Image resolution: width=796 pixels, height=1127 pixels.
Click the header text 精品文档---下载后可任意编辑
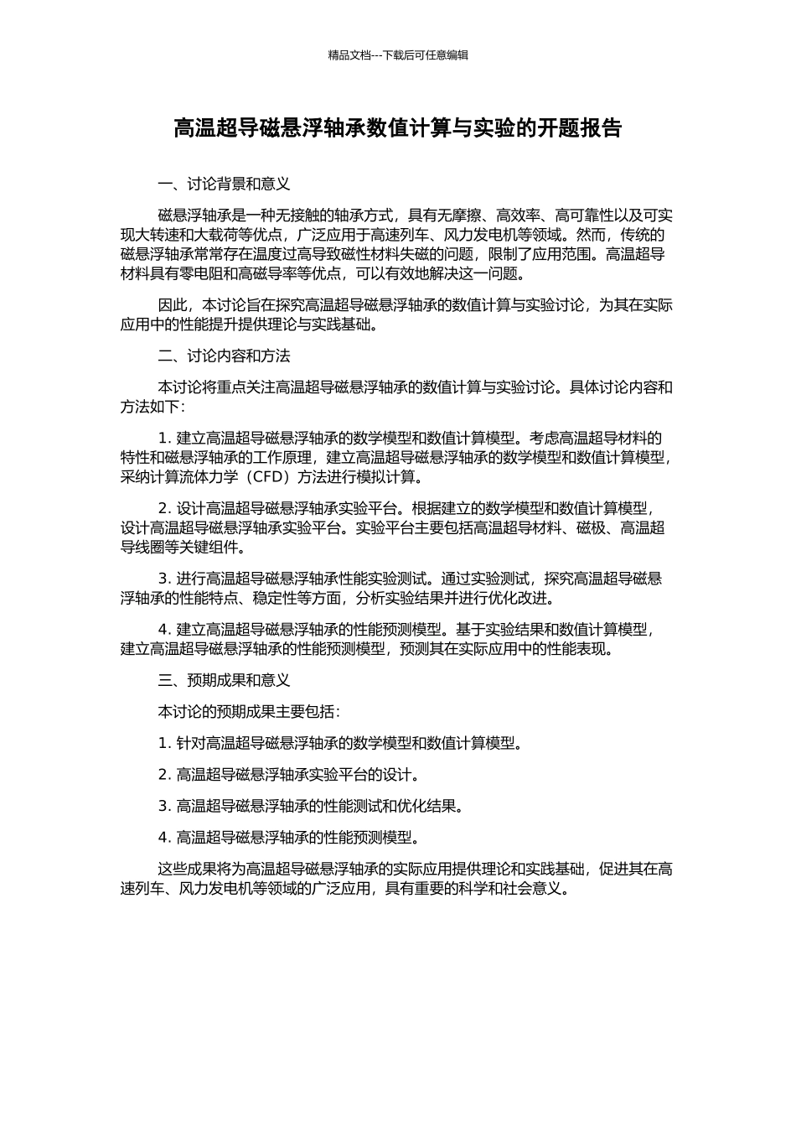pyautogui.click(x=398, y=55)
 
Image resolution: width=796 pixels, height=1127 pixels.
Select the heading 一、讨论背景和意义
pyautogui.click(x=224, y=184)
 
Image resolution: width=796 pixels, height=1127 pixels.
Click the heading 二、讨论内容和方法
pyautogui.click(x=224, y=356)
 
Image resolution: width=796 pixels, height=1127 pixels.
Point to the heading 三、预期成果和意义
pyautogui.click(x=224, y=681)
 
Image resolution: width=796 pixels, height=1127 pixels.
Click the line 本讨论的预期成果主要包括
pyautogui.click(x=249, y=712)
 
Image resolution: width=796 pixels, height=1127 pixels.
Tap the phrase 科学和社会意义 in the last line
pyautogui.click(x=510, y=889)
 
